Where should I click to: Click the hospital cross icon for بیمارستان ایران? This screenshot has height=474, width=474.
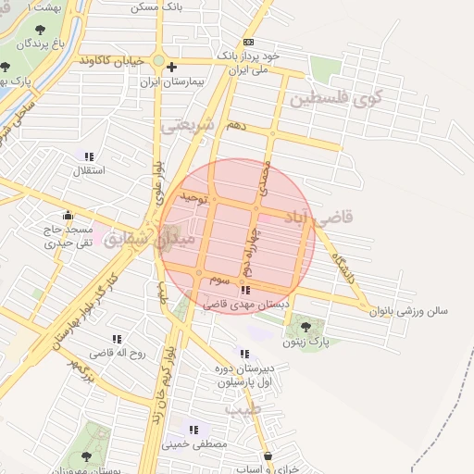tap(172, 67)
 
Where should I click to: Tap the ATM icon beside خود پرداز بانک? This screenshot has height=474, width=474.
tap(248, 43)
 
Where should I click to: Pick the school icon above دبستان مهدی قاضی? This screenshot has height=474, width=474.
tap(244, 290)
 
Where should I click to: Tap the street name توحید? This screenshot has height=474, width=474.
tap(190, 197)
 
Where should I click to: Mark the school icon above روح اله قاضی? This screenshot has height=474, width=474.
tap(117, 340)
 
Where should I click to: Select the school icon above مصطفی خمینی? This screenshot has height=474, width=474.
tap(193, 430)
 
